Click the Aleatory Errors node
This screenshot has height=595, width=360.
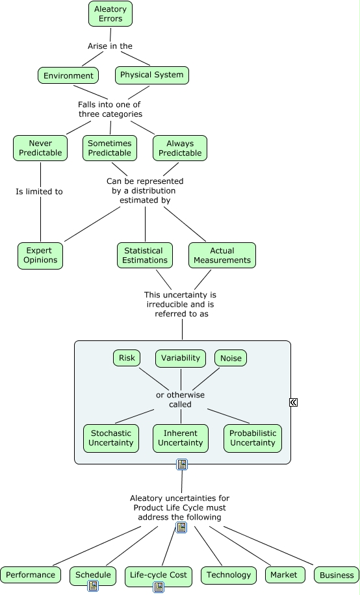(110, 14)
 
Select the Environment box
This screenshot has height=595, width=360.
(68, 75)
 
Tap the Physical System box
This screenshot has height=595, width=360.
(152, 75)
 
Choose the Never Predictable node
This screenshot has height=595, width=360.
(40, 148)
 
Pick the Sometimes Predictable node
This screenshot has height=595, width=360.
(110, 148)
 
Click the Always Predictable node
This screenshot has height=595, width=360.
(180, 148)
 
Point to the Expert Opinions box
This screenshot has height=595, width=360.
(40, 255)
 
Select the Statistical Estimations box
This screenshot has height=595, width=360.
(145, 255)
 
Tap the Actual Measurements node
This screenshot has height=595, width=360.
(222, 255)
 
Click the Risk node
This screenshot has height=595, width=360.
(127, 358)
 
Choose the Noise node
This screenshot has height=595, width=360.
(231, 358)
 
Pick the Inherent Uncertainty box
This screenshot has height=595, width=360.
(181, 438)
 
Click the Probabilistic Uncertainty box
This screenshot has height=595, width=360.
(253, 438)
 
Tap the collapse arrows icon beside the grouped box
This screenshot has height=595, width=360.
(293, 402)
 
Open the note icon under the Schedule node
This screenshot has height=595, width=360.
(93, 585)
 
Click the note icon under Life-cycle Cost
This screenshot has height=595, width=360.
(159, 587)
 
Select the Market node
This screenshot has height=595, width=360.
(285, 575)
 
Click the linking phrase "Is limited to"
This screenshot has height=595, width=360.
(39, 192)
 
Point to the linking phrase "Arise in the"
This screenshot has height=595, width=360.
(110, 46)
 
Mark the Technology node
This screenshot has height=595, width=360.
(229, 575)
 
